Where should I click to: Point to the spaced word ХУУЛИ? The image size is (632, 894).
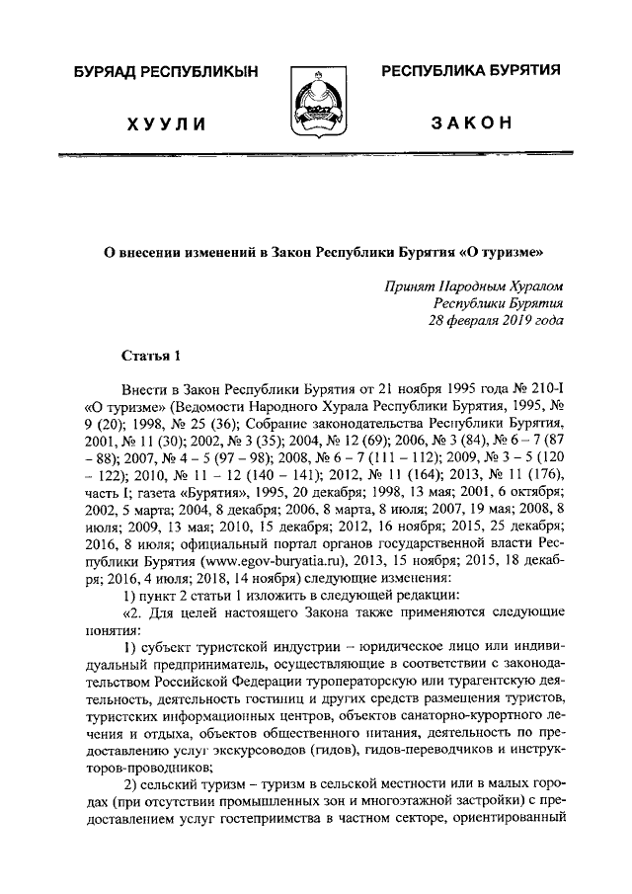click(165, 123)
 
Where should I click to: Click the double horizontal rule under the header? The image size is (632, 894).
click(315, 156)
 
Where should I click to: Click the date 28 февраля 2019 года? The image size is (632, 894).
click(496, 321)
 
